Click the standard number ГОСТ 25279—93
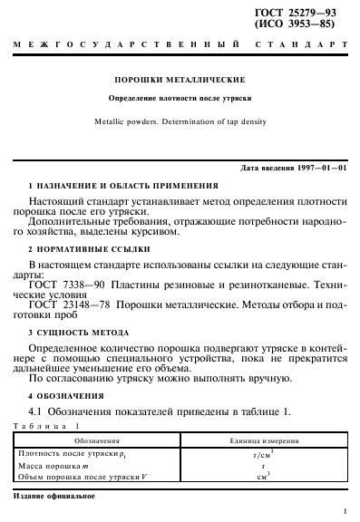[304, 10]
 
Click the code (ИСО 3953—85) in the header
[304, 23]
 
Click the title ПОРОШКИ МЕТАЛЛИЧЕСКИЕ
[179, 80]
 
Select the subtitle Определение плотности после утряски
[179, 96]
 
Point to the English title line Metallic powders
[179, 121]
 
